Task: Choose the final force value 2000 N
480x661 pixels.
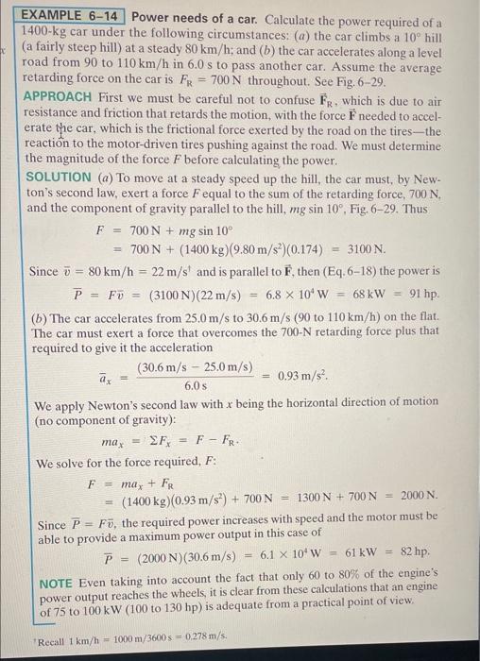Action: pos(417,495)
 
